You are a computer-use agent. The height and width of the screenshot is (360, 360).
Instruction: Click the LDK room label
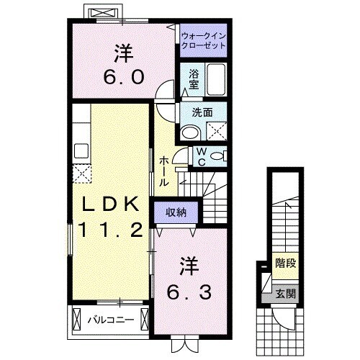point(109,206)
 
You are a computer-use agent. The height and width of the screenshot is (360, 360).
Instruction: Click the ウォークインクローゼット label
point(202,39)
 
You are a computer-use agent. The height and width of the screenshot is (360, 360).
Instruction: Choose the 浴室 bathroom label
point(194,78)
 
